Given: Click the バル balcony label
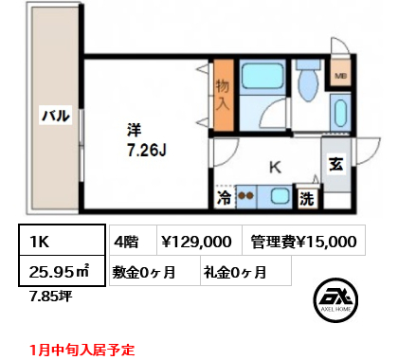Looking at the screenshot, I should (x=54, y=117).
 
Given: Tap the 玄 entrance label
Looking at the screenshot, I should (x=336, y=163).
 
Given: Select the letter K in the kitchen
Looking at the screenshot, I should (x=274, y=168).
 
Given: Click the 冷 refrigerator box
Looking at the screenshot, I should (x=224, y=198).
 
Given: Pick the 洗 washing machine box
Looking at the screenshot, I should (x=307, y=199).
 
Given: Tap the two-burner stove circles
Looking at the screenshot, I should (x=246, y=197).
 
